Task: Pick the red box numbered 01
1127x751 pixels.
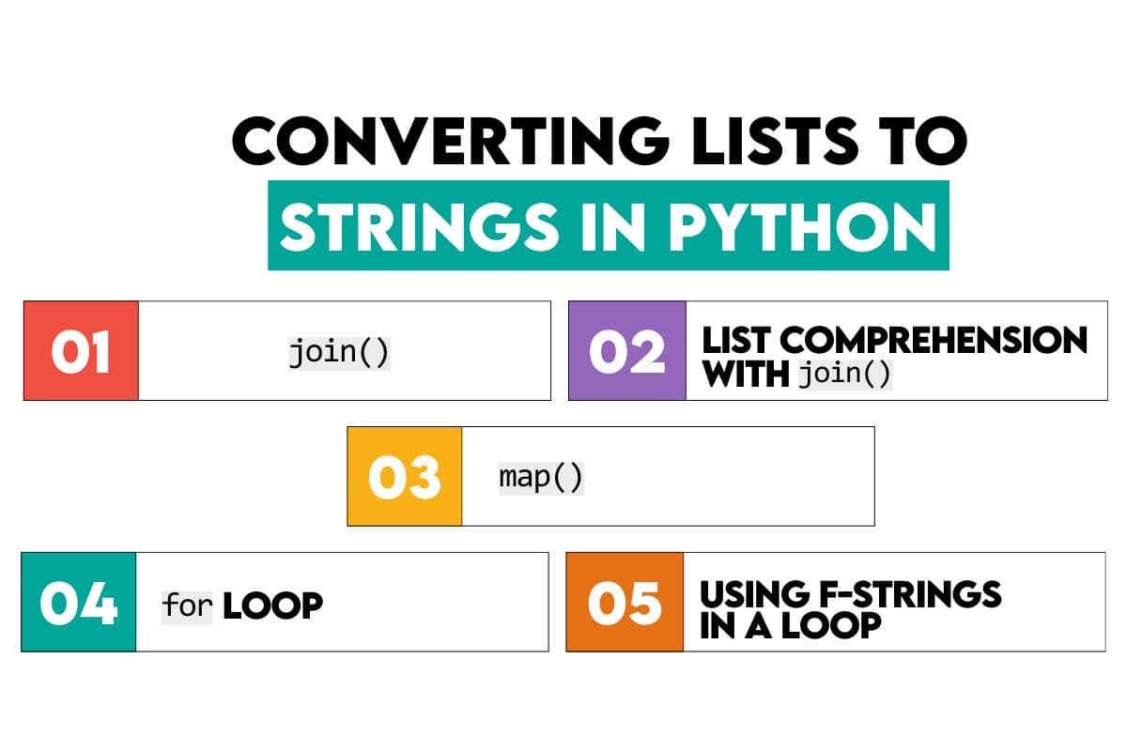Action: pos(81,351)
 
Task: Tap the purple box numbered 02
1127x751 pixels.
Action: pos(627,351)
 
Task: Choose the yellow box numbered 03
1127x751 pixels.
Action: pos(405,476)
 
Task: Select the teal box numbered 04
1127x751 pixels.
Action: pos(79,603)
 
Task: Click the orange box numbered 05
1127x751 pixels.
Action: pos(625,603)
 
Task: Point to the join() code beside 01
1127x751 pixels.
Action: pos(339,353)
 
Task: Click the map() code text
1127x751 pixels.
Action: pos(541,477)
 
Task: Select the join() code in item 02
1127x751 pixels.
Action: pos(842,374)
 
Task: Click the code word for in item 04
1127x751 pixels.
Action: pos(187,605)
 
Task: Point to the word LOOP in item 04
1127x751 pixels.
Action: pos(272,605)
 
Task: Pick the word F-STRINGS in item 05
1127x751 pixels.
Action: pos(910,593)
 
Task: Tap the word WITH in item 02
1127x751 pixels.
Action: pos(746,374)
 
